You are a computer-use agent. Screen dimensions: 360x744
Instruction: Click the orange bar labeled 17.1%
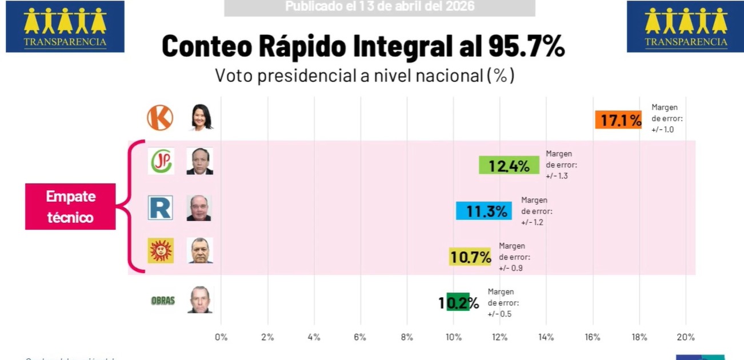(618, 119)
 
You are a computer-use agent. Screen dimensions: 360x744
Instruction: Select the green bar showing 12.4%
(509, 165)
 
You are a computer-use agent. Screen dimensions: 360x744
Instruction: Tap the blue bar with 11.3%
(483, 211)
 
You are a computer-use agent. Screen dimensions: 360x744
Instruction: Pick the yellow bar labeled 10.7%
(470, 257)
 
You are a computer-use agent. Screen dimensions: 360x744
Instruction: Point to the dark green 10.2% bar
(458, 302)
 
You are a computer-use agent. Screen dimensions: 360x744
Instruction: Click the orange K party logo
(160, 118)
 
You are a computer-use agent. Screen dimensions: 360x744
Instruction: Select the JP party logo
(161, 161)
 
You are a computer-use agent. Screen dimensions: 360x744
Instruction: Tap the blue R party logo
(160, 208)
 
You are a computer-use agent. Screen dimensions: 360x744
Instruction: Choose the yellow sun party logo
(161, 251)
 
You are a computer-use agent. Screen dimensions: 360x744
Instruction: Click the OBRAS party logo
(162, 301)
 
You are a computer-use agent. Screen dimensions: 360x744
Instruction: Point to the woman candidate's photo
(201, 118)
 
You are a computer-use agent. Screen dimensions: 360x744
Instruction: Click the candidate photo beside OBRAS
(200, 299)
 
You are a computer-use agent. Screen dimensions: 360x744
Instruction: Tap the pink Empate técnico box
(70, 206)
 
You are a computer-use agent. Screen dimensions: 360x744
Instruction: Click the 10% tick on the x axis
(453, 337)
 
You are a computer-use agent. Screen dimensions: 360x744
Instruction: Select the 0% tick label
(221, 337)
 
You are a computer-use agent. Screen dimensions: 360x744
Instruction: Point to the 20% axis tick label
(685, 337)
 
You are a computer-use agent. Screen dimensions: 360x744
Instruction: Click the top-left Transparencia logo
(65, 27)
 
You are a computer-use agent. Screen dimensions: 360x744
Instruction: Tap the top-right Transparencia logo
(685, 27)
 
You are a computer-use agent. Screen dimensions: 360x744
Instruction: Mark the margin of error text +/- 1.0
(663, 130)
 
